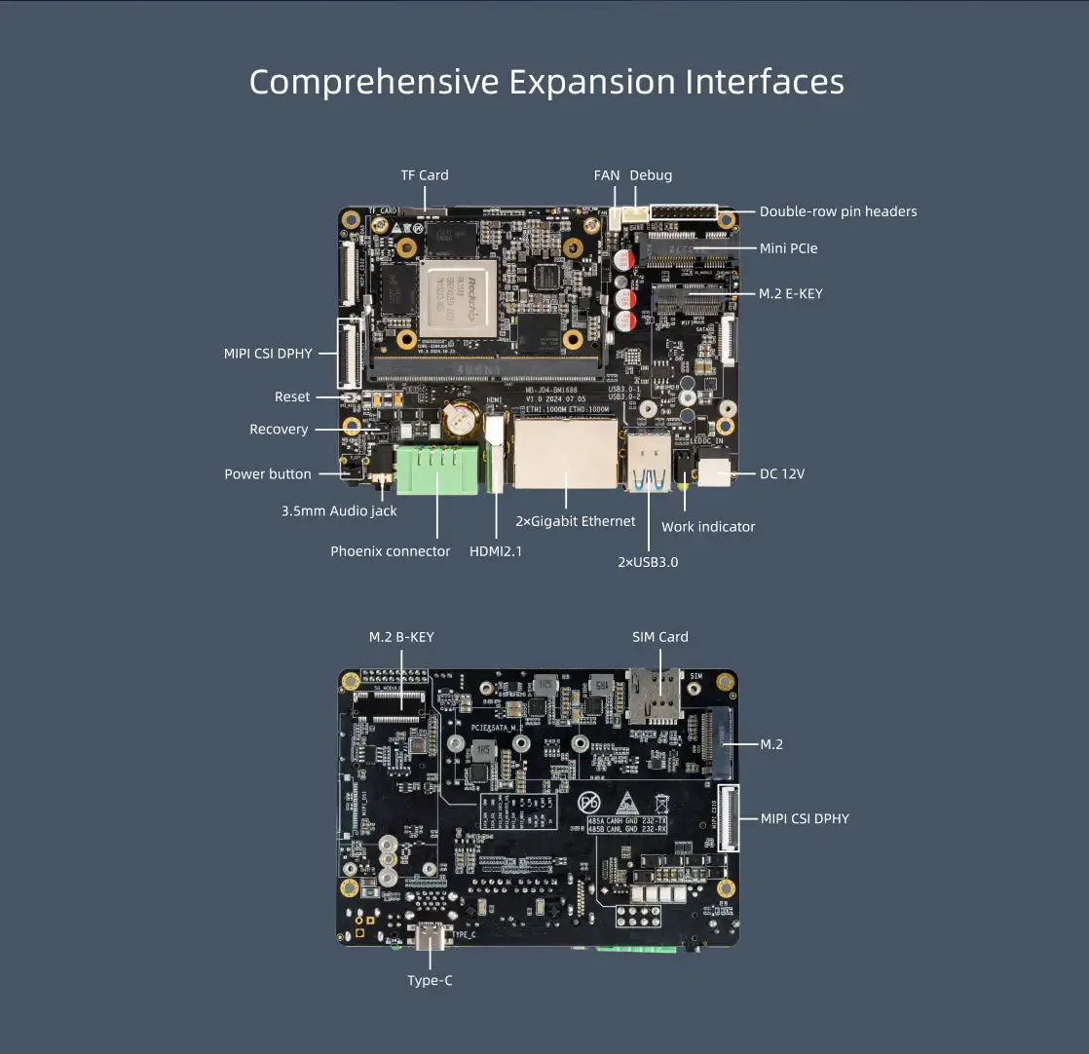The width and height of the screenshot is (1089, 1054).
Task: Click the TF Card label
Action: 425,175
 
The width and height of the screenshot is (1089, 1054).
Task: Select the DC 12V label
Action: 782,474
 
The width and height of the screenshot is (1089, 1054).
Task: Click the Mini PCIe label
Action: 788,248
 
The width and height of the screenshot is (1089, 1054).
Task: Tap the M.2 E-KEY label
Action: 790,293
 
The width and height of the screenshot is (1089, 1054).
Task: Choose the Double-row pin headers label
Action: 838,211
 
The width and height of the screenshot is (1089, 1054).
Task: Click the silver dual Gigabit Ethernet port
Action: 566,454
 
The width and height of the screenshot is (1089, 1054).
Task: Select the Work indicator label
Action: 708,527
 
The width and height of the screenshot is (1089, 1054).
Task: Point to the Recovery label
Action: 279,430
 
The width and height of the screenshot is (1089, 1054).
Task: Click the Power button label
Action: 268,474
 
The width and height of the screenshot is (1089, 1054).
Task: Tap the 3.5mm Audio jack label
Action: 339,511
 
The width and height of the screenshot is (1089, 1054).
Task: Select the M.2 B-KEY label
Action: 401,637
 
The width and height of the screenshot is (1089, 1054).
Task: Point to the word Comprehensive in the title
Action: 374,82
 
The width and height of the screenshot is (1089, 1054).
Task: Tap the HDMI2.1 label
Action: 496,551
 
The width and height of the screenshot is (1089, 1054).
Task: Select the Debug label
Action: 651,175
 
